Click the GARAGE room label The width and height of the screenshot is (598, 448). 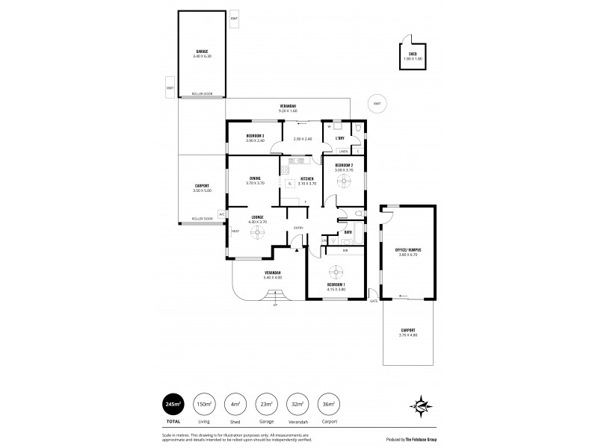(202, 51)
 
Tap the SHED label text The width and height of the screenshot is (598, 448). (412, 53)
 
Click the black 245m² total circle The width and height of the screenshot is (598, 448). (173, 405)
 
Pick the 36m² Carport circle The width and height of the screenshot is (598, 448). (329, 405)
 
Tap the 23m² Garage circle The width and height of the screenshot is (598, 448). (266, 405)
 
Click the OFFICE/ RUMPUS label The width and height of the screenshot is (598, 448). (407, 250)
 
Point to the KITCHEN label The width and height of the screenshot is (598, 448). (307, 179)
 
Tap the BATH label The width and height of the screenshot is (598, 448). (348, 233)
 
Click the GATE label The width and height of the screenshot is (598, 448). (373, 301)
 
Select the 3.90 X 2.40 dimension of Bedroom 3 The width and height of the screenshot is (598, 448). (256, 140)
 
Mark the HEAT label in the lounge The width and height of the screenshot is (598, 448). (235, 231)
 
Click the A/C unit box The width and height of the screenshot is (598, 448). (222, 214)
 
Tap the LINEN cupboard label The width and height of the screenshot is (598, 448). (342, 152)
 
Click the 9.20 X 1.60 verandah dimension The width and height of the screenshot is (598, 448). (287, 111)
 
